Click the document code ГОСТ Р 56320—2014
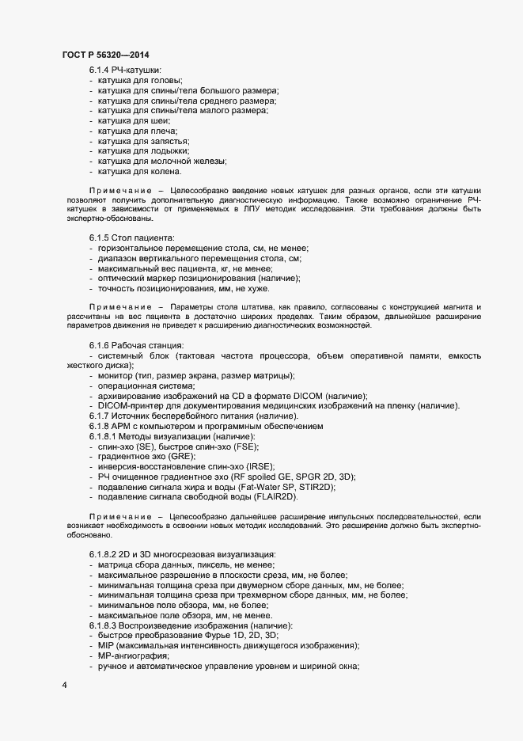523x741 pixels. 104,55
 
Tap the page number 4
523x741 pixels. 64,685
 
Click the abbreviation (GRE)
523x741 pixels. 180,457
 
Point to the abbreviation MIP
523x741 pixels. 107,646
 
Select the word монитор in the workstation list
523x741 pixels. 116,375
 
